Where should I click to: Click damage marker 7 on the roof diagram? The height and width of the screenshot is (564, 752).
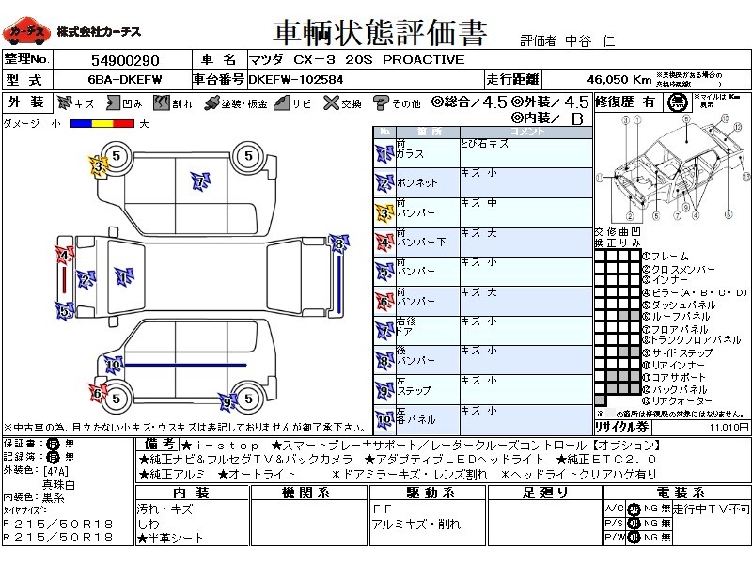coord(198,179)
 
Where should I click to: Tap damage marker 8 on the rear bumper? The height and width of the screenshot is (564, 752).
coord(338,244)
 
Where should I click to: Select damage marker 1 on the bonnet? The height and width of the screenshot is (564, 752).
coord(121,275)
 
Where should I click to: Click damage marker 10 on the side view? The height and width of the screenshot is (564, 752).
coord(113,363)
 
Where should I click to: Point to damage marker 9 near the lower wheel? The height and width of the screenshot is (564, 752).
coord(227,402)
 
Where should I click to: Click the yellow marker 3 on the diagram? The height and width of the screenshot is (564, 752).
coord(97,167)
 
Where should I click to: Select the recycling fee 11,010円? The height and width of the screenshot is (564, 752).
coord(728,426)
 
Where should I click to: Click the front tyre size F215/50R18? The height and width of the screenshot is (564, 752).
coord(58,522)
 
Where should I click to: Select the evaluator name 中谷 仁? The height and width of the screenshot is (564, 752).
coord(594,40)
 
